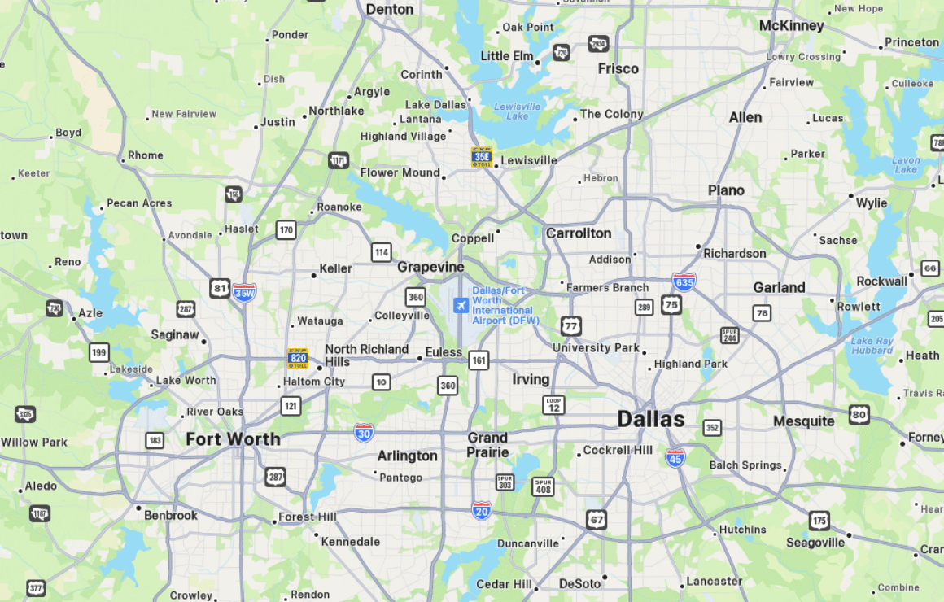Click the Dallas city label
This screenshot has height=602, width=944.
[650, 419]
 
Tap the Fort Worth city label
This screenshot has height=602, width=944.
[233, 439]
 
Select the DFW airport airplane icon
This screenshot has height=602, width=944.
[461, 305]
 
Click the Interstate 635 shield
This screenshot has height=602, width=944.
[684, 282]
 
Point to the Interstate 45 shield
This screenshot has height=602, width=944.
[675, 456]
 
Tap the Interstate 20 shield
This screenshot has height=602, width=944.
[482, 510]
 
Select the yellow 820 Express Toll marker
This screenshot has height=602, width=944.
[298, 358]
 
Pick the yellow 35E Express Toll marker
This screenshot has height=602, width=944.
[482, 157]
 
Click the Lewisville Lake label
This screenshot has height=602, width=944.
[517, 111]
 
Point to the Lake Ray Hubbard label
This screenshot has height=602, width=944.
[872, 346]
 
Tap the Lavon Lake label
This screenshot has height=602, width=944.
[905, 165]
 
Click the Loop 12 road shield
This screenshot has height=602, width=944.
[553, 404]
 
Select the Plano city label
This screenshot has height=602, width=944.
[726, 190]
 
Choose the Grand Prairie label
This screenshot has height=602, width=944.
[487, 445]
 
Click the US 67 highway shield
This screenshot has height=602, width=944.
[597, 519]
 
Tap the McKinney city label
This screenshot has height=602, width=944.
[791, 26]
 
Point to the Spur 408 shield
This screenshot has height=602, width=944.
[543, 486]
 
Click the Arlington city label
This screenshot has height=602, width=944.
[407, 456]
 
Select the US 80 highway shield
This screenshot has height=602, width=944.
[859, 414]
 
